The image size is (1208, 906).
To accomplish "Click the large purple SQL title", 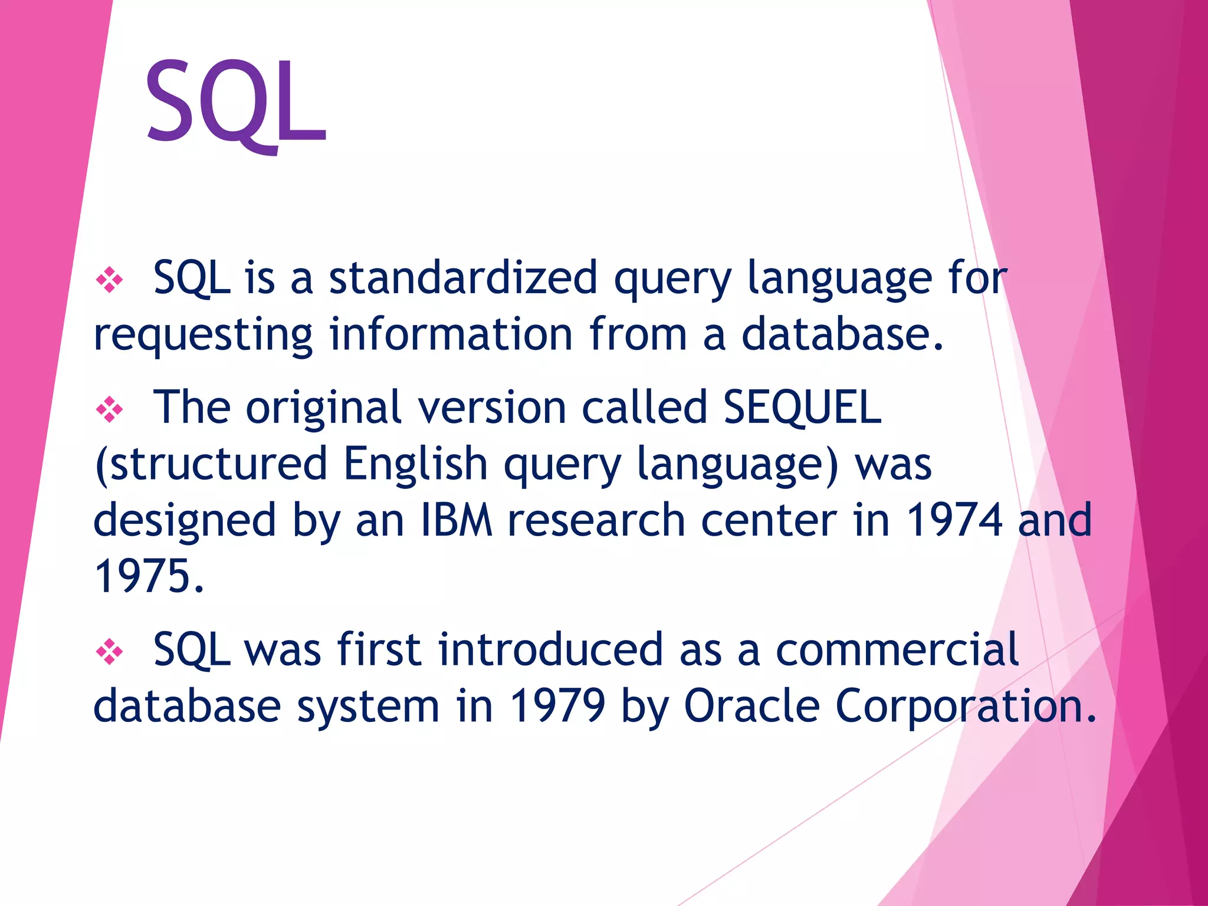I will coord(236,103).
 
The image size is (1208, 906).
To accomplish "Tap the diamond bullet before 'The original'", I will coord(109,409).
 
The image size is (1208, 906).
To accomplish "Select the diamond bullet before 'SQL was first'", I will coord(109,651).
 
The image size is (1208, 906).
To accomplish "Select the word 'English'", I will coord(415,464).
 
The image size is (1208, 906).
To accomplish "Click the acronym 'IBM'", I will coord(456,520).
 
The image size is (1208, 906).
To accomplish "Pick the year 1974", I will coord(954,520).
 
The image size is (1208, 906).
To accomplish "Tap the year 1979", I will coord(557,705).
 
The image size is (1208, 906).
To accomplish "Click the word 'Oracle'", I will coord(751,705).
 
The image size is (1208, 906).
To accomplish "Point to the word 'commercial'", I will coord(897,650).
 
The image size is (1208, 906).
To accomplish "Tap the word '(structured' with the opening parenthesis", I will coord(211,465).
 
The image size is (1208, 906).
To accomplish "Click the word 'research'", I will coord(596,520).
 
